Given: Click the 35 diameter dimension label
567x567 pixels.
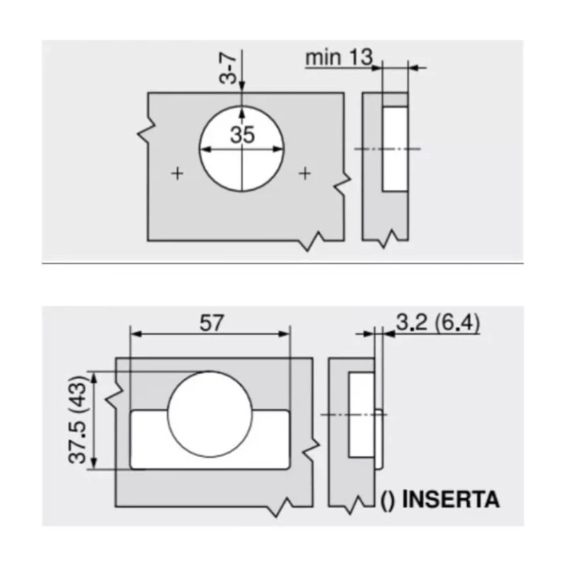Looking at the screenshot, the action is (x=242, y=135).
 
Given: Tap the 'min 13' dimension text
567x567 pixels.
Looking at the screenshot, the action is (x=339, y=57).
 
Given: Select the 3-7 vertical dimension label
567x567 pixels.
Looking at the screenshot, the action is (x=228, y=68).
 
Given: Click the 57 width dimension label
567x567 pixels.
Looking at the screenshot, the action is (x=211, y=322).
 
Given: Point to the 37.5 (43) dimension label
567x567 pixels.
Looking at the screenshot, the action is (x=77, y=420).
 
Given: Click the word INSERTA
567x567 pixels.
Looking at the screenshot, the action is (x=451, y=500).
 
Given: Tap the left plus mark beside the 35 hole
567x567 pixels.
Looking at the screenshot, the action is (x=177, y=174).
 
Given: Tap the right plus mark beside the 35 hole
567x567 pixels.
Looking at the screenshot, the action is (x=305, y=174).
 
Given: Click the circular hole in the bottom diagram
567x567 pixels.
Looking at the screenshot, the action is (x=210, y=414).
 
